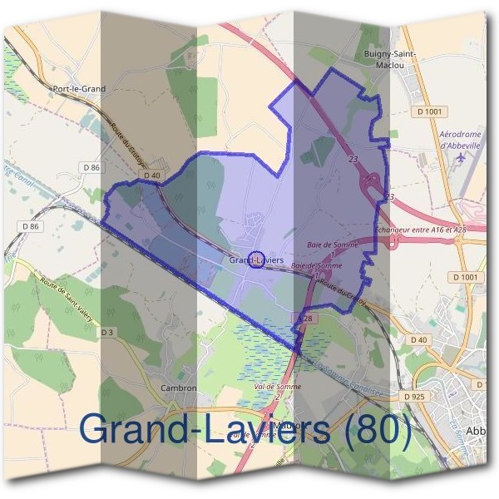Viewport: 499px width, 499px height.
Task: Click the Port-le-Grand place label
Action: [79, 86]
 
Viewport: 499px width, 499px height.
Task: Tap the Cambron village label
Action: [177, 388]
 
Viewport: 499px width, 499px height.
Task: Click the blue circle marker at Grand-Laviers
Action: [256, 259]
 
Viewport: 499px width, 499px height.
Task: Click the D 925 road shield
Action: [413, 398]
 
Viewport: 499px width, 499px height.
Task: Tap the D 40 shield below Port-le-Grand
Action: [151, 175]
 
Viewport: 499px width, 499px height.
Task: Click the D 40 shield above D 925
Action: [417, 339]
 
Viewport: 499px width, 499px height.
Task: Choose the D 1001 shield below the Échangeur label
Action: [467, 276]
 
